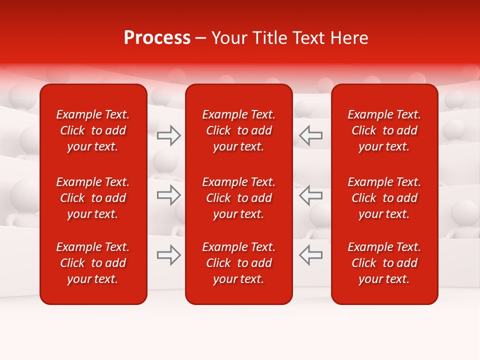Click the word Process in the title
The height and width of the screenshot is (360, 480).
157,38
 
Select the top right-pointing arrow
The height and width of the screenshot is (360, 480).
169,135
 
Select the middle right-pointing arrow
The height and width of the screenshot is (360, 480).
169,195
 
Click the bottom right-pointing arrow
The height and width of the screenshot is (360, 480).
169,255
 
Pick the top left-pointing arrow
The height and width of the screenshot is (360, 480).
310,135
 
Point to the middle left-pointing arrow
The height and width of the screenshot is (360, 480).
310,195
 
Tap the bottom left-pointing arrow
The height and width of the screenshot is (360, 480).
310,255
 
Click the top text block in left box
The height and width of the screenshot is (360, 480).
93,130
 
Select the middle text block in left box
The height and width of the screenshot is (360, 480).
93,198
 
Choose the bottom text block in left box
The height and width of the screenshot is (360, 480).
93,263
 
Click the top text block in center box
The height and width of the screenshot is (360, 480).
238,130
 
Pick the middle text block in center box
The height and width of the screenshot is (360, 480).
238,198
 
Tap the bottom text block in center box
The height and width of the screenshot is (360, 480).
238,263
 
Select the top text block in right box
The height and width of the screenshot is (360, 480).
384,130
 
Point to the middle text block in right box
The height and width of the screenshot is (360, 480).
384,198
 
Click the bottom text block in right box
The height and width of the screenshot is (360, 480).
384,263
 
